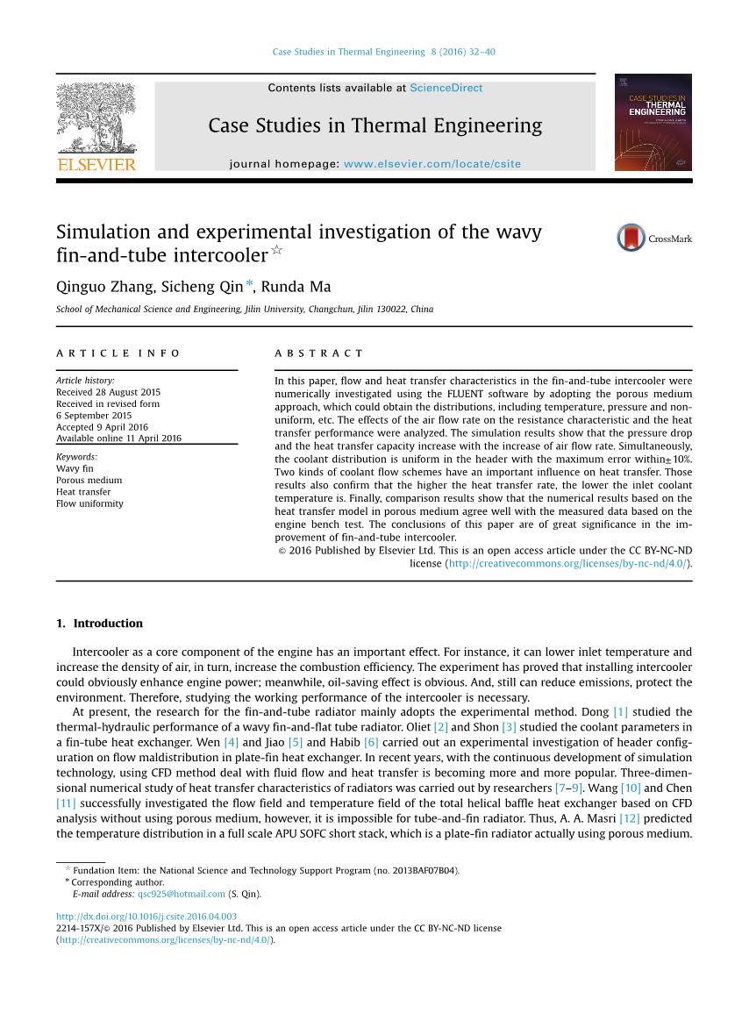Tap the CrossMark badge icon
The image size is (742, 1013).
(x=631, y=238)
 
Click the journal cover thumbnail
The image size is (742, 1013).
(x=653, y=122)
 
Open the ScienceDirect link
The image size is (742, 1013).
(x=446, y=88)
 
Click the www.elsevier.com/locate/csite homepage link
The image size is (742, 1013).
(x=432, y=164)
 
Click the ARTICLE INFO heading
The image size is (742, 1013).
(x=118, y=353)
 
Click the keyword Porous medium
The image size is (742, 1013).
(x=89, y=481)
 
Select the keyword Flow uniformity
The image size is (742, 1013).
(x=89, y=503)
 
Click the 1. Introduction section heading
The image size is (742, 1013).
(x=99, y=624)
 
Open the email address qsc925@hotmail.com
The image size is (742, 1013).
(x=182, y=895)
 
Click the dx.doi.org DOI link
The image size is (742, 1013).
(x=146, y=917)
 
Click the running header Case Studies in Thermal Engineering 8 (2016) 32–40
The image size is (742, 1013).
(x=383, y=52)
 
